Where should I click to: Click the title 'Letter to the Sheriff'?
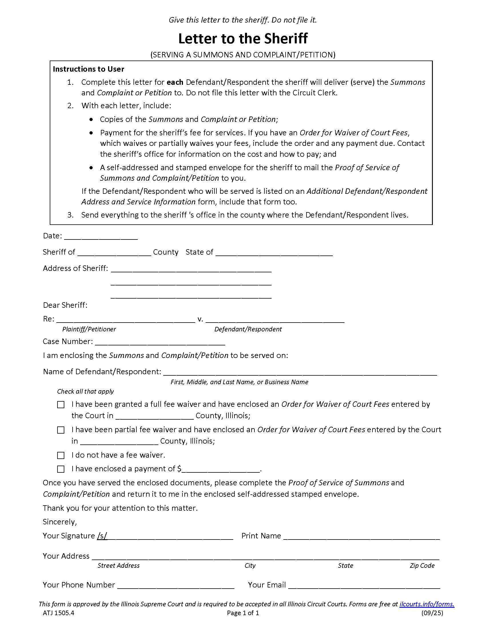coord(243,39)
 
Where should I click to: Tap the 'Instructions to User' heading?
coord(88,69)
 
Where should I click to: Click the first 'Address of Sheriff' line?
coord(191,269)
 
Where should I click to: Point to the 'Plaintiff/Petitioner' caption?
coord(89,329)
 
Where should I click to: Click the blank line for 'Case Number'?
coord(160,343)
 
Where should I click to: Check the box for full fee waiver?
coord(61,405)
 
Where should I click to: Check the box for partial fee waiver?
coord(61,430)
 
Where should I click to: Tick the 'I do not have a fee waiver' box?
coord(61,456)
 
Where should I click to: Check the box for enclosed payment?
coord(61,469)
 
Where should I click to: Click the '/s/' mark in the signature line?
coord(102,536)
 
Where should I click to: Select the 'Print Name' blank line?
coord(361,537)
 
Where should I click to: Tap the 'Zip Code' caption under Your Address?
coord(422,565)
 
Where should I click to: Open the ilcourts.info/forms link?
coord(427,604)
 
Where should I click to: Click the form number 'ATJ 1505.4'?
coord(58,613)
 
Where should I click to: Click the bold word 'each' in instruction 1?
coord(175,82)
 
